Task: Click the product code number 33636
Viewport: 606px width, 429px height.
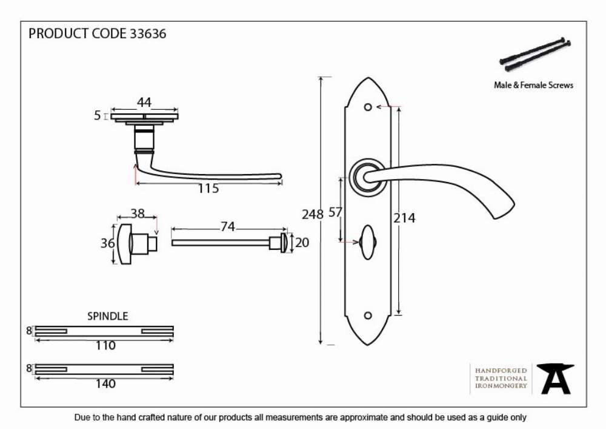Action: [148, 33]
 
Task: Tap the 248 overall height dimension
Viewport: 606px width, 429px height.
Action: [312, 214]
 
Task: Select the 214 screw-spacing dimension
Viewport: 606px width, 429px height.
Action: [404, 218]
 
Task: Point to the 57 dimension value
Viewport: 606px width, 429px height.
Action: [335, 212]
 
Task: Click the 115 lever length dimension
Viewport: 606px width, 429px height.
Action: [208, 188]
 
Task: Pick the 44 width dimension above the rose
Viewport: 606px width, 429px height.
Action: [144, 102]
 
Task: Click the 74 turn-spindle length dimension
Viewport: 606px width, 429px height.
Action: [228, 226]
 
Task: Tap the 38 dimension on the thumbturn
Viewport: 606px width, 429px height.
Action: [137, 213]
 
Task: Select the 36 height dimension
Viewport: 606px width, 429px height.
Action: [107, 243]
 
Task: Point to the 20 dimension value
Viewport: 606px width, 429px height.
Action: [302, 243]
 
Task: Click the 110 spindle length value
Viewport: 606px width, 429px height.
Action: [105, 345]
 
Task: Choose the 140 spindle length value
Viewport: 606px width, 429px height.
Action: [105, 383]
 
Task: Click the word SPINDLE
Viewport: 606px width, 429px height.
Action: [107, 316]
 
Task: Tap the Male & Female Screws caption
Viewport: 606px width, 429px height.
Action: [533, 85]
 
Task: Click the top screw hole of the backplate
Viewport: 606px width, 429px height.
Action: [368, 107]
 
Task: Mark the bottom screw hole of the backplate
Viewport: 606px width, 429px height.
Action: [368, 316]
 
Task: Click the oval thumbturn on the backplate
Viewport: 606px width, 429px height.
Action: [368, 242]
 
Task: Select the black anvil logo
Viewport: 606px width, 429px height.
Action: [556, 379]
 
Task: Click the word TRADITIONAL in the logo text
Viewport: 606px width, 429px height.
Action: [501, 378]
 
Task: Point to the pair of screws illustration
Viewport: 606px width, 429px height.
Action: [535, 55]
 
